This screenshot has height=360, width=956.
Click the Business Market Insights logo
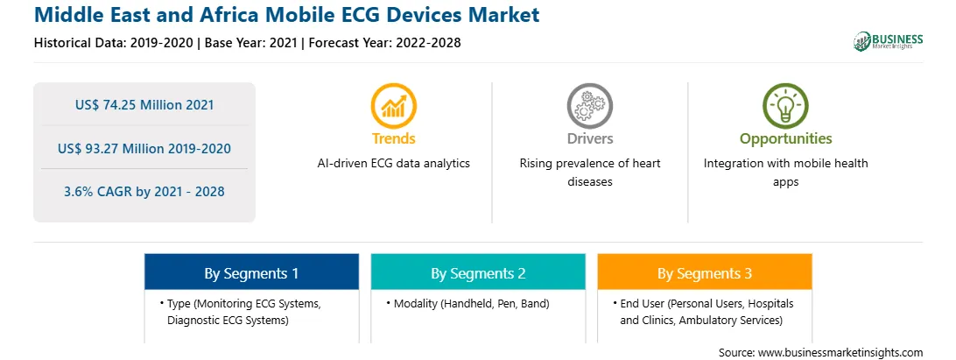889,41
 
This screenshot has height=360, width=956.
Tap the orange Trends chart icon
393,106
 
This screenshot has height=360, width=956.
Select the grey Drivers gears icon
589,106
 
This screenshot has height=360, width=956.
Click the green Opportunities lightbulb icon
785,106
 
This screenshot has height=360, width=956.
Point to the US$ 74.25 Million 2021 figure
144,105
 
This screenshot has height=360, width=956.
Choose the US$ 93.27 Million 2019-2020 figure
144,148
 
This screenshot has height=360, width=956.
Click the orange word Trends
393,139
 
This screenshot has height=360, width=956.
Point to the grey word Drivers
589,139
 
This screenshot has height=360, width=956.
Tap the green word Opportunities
785,139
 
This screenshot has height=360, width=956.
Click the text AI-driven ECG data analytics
393,164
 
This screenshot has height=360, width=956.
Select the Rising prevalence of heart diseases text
589,173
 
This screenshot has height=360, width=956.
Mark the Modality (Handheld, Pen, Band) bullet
467,303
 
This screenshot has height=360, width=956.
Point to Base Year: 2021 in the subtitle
250,43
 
